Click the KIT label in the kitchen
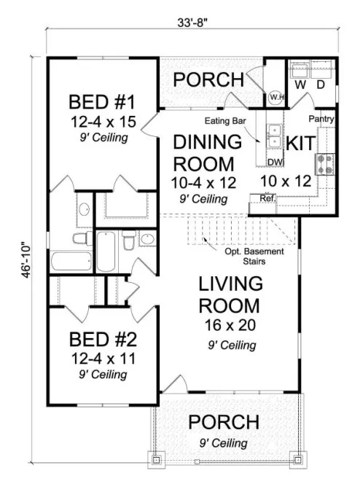tap(300, 143)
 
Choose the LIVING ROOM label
tap(229, 292)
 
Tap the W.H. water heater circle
tap(276, 96)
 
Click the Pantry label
tap(321, 118)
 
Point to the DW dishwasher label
tap(275, 162)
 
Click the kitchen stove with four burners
tap(324, 165)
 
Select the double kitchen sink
tap(275, 136)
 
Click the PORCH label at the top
tap(208, 79)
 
